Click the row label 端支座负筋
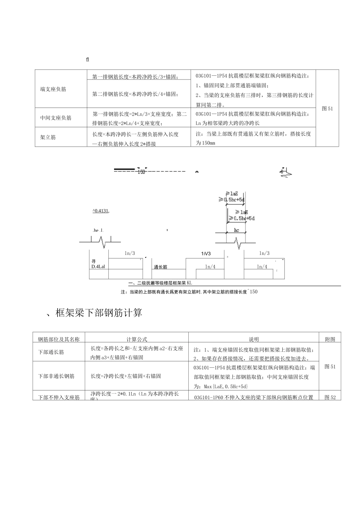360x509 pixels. (53, 89)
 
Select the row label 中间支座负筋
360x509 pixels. (56, 118)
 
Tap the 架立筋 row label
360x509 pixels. (48, 137)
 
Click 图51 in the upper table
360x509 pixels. (327, 108)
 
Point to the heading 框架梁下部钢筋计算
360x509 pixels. (99, 313)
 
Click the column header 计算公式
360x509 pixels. (136, 339)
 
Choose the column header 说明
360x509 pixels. (254, 339)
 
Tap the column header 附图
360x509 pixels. (330, 339)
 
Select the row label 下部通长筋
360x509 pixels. (51, 352)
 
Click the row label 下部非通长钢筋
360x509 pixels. (56, 376)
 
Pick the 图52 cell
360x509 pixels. (330, 397)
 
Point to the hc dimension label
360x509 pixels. (236, 230)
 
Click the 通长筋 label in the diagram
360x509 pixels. (161, 267)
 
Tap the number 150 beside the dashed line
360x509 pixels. (141, 172)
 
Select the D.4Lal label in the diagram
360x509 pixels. (98, 267)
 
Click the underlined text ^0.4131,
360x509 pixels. (101, 211)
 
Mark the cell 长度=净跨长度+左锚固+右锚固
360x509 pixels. (125, 376)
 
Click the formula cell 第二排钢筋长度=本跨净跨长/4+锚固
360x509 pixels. (135, 94)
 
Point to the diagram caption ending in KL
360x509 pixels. (160, 283)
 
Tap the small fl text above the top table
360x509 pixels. (88, 59)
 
